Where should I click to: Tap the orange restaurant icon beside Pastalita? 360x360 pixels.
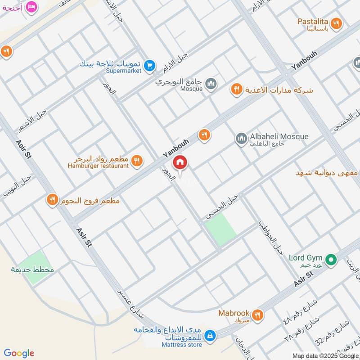pos(336,23)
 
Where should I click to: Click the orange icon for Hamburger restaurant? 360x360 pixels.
pos(137,161)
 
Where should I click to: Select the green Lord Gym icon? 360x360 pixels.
pos(331,260)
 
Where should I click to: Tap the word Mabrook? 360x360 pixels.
pos(234,313)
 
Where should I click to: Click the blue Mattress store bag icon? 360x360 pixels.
pos(210,336)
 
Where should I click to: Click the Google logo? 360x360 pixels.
pos(19,353)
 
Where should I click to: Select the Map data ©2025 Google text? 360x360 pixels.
pos(325,355)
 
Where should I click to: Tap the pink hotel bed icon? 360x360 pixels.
pos(31,7)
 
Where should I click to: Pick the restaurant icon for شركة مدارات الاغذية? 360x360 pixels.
pos(236,90)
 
